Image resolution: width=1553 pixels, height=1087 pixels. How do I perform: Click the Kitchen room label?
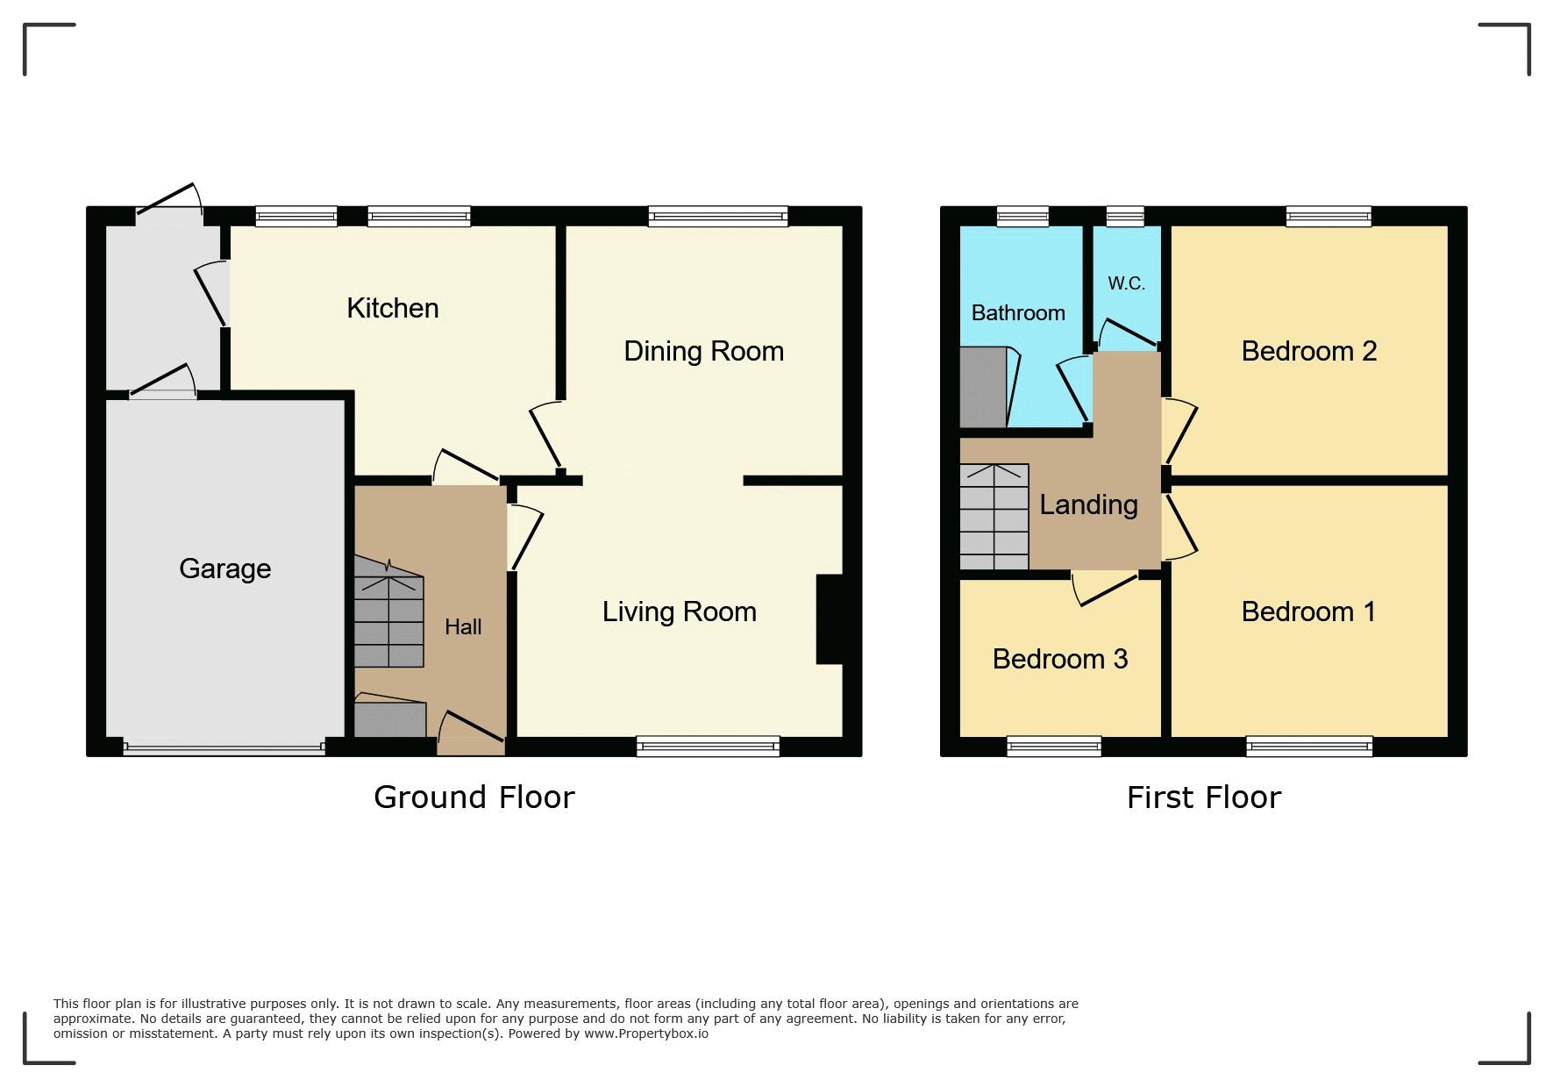[x=393, y=308]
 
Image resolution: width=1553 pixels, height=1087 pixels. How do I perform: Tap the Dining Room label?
[x=703, y=351]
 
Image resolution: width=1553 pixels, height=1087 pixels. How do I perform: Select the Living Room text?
[x=679, y=611]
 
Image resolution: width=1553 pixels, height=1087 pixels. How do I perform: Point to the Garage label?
[x=224, y=569]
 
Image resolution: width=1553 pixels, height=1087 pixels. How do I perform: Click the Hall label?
[x=463, y=626]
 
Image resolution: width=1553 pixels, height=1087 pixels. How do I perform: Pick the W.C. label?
[x=1126, y=283]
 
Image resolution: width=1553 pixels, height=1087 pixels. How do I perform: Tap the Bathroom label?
[x=1018, y=313]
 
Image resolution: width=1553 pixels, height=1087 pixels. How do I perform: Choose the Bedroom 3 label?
[x=1060, y=659]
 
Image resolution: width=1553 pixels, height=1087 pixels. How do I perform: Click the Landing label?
[x=1088, y=504]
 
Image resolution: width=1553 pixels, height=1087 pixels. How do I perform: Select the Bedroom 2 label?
[x=1309, y=351]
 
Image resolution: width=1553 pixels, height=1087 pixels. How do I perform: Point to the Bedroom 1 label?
[x=1308, y=611]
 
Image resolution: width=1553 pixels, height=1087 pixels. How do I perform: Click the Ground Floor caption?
[x=474, y=797]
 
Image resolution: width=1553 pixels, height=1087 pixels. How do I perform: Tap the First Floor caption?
[x=1204, y=797]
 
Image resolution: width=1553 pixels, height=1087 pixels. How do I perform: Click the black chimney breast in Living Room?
[x=830, y=619]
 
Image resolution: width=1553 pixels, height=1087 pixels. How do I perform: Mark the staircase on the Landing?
[x=994, y=517]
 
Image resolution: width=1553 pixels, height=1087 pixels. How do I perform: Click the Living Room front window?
[x=709, y=747]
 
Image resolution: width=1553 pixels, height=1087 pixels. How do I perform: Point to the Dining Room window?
[x=718, y=216]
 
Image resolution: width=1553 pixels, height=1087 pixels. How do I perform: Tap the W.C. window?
[x=1125, y=216]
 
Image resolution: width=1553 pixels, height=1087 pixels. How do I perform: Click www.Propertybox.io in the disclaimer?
[x=646, y=1033]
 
